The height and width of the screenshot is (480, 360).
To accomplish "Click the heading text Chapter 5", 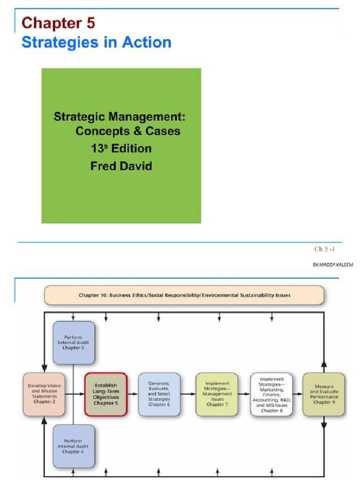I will (x=58, y=22).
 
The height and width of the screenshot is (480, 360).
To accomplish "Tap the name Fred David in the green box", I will (x=121, y=166).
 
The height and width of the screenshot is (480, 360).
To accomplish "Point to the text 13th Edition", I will (x=121, y=149).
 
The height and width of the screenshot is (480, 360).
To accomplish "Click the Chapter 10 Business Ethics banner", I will (x=184, y=295).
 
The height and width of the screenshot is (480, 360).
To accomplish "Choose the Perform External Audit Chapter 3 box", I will (x=74, y=343).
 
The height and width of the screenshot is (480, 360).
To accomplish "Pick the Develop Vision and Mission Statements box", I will (x=44, y=394).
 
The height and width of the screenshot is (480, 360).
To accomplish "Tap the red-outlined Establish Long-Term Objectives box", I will (x=106, y=394).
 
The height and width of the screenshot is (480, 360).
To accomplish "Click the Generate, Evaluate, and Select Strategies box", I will (x=159, y=394).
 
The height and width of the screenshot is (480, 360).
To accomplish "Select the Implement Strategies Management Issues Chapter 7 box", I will (x=217, y=394).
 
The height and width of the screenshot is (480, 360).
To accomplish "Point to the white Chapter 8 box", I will (x=271, y=394).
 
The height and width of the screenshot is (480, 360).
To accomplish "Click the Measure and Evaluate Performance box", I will (x=323, y=394).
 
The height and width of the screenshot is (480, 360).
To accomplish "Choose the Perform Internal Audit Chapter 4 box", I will (x=74, y=446).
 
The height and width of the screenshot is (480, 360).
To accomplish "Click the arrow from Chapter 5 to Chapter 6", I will (x=133, y=394).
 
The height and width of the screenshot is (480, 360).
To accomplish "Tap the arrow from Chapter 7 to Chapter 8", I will (x=244, y=394).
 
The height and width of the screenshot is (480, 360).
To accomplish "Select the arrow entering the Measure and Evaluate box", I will (x=298, y=394).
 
